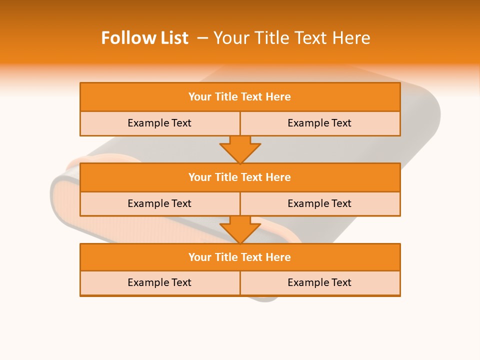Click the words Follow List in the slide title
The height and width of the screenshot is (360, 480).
coord(144,38)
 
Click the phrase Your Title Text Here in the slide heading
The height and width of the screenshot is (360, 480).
coord(291,38)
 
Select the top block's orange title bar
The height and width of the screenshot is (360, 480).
coord(240,97)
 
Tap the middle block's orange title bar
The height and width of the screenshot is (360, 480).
coord(240,177)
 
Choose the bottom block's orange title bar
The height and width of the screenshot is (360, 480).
coord(240,257)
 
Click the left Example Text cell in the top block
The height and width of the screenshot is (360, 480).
coord(159,123)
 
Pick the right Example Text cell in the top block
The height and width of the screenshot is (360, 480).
coord(319,123)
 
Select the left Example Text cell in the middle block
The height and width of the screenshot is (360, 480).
coord(159,204)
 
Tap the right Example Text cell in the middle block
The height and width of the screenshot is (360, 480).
coord(319,204)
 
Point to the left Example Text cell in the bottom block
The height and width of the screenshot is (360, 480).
coord(159,283)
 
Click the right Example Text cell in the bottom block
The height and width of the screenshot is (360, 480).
coord(319,283)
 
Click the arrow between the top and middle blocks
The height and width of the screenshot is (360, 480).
coord(240,149)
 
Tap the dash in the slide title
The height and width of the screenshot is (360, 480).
coord(202,38)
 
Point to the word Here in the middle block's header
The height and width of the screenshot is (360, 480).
coord(278,177)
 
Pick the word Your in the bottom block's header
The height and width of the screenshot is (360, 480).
coord(199,257)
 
